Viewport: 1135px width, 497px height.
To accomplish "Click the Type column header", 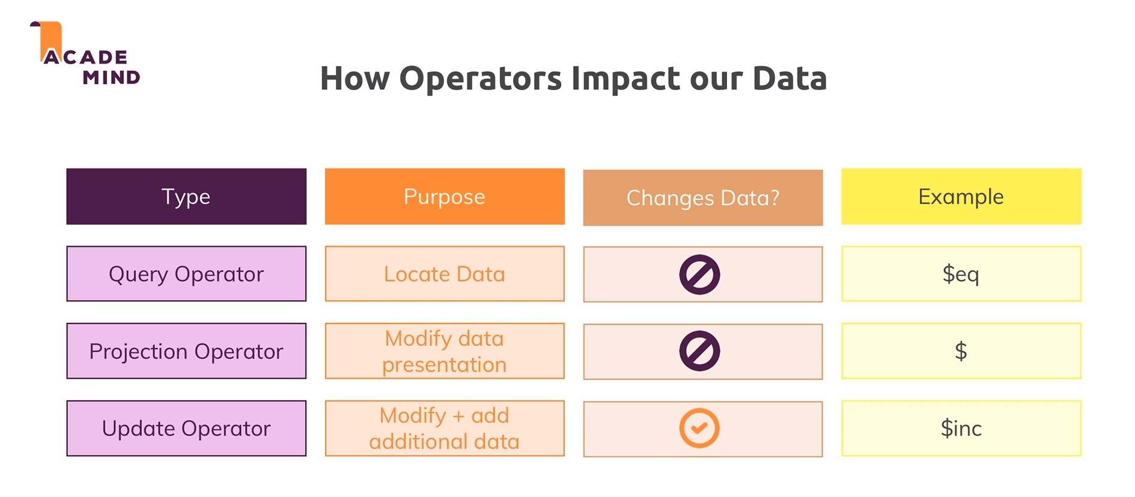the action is pos(186,196).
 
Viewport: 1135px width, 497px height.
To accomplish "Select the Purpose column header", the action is pos(445,196).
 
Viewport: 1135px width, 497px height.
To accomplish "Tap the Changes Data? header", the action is pos(703,197).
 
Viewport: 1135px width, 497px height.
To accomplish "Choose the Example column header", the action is pos(961,196).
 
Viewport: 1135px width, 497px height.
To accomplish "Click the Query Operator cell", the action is pos(186,274).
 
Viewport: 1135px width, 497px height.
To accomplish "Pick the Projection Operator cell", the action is pos(186,351).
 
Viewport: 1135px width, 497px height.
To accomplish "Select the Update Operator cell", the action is pos(186,429).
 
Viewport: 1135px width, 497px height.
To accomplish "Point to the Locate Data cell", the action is pos(445,274).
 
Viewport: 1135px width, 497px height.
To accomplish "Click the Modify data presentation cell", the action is pos(445,351).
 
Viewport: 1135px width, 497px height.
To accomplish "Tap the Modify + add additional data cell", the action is pos(445,429).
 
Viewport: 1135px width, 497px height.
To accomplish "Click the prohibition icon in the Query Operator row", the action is pos(699,275).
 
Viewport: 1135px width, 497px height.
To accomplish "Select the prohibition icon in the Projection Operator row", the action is pos(699,351).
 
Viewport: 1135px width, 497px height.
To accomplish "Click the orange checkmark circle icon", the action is pos(699,428).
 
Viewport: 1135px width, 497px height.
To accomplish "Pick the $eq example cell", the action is pos(961,274).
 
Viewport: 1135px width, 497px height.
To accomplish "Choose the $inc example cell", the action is pos(961,429).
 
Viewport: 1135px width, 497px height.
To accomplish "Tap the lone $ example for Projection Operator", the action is pos(961,351).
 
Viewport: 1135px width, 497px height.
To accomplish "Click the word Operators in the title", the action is pos(481,79).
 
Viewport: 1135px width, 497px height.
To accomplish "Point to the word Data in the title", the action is pos(790,79).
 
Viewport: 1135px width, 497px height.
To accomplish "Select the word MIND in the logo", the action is pos(111,77).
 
